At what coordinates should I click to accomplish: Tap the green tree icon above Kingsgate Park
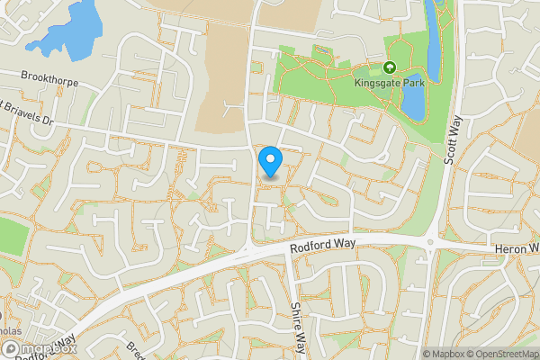coord(390,67)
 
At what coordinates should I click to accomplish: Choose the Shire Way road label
coord(298,327)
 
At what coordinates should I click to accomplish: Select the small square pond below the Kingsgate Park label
coord(413,103)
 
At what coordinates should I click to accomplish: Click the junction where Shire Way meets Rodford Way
coord(287,251)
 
